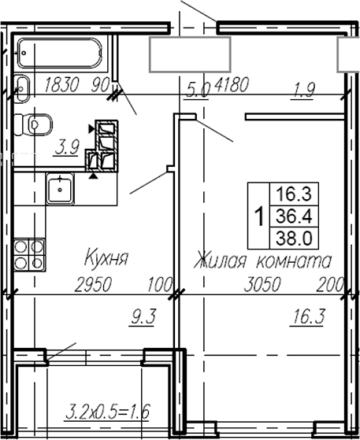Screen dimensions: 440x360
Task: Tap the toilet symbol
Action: point(35,124)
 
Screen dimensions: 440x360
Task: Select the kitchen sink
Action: point(59,190)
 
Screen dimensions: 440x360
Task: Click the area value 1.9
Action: point(303,90)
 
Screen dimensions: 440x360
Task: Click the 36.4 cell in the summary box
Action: point(288,215)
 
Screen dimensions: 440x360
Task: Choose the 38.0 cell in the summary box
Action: point(288,237)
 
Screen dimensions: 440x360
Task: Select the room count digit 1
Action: point(258,215)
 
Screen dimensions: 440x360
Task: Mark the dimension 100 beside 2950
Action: point(161,284)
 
